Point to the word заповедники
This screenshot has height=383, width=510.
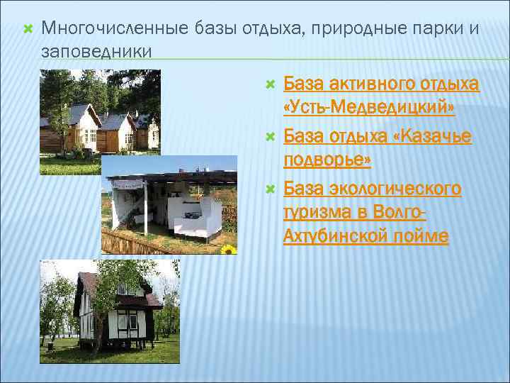tap(96, 51)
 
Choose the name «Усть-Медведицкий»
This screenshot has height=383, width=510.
tap(368, 109)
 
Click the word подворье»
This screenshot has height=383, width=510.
tap(327, 160)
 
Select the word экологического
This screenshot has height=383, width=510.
tap(395, 188)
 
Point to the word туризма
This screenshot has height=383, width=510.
tap(317, 212)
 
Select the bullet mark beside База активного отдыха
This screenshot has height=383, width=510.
tap(269, 85)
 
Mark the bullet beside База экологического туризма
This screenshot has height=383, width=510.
tap(269, 189)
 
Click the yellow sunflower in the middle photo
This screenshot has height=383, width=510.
tap(228, 249)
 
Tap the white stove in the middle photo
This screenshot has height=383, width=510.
tap(191, 212)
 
